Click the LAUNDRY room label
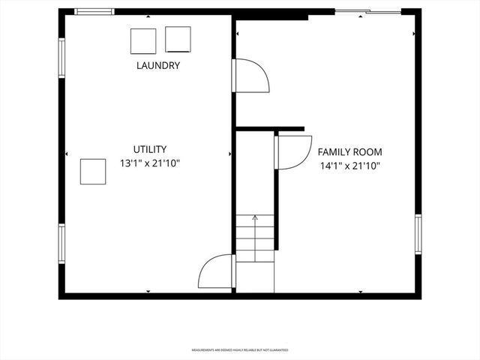point(157,65)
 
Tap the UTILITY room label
point(150,149)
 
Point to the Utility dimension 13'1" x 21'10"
point(150,163)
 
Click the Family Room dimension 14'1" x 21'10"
point(349,165)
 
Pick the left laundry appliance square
point(143,40)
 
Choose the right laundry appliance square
point(178,39)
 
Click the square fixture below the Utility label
point(94,171)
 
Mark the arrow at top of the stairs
point(255,217)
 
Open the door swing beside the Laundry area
point(250,76)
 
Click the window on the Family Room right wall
point(418,234)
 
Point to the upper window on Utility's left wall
point(62,57)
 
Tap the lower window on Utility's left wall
point(62,244)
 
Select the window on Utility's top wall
point(94,11)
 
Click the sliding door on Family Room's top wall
point(367,11)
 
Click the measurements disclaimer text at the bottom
point(240,350)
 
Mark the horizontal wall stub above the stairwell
point(270,129)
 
